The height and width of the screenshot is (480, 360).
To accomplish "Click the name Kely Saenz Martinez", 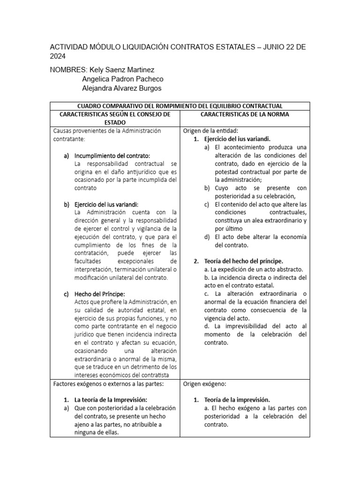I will click(x=124, y=70).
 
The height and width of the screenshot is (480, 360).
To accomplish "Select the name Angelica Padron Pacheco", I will click(x=122, y=79).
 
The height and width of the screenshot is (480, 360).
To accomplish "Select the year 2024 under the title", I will click(x=58, y=56).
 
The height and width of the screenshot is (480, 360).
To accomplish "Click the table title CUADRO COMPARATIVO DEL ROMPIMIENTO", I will click(x=180, y=106).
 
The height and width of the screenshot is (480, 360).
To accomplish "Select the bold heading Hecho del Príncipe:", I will click(x=98, y=294).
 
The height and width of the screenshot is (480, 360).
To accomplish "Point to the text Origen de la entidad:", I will click(x=210, y=131).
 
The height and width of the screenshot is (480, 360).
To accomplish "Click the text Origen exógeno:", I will click(x=204, y=384).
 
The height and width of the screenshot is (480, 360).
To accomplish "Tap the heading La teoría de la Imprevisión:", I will click(x=112, y=400).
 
